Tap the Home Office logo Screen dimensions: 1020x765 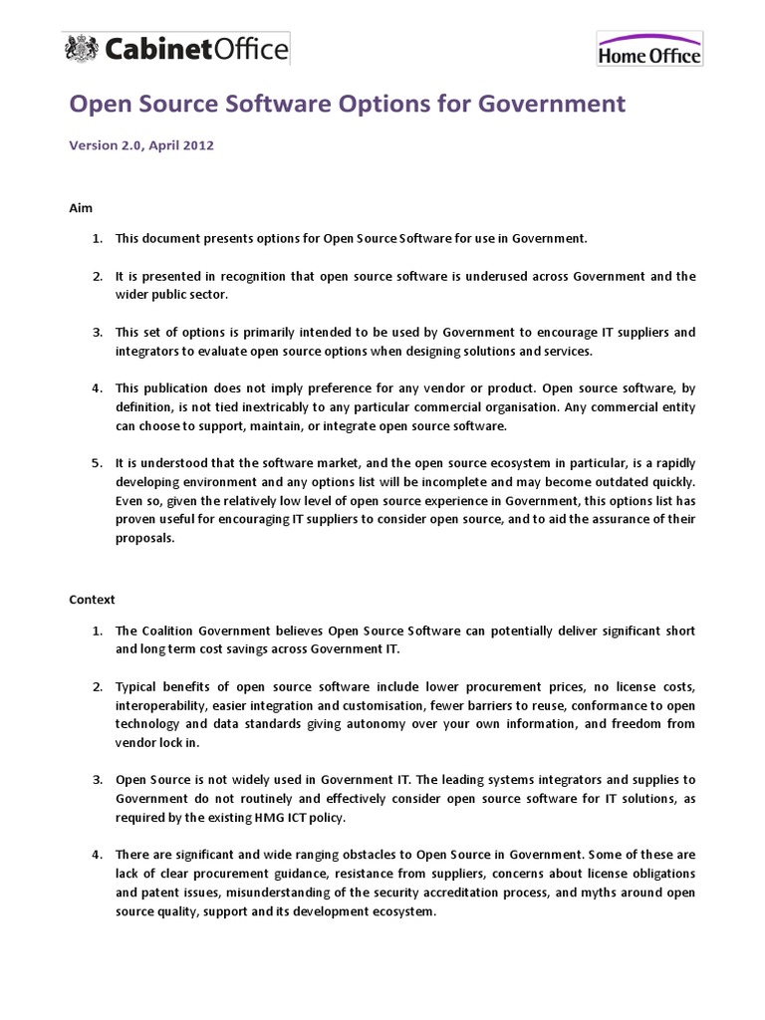[x=649, y=49]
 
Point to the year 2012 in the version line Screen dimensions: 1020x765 [x=195, y=144]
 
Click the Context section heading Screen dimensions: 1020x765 [x=93, y=600]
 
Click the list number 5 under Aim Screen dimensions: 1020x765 [x=97, y=463]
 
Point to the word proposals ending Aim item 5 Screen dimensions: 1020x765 [x=145, y=538]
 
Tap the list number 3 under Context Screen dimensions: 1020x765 [x=97, y=780]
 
